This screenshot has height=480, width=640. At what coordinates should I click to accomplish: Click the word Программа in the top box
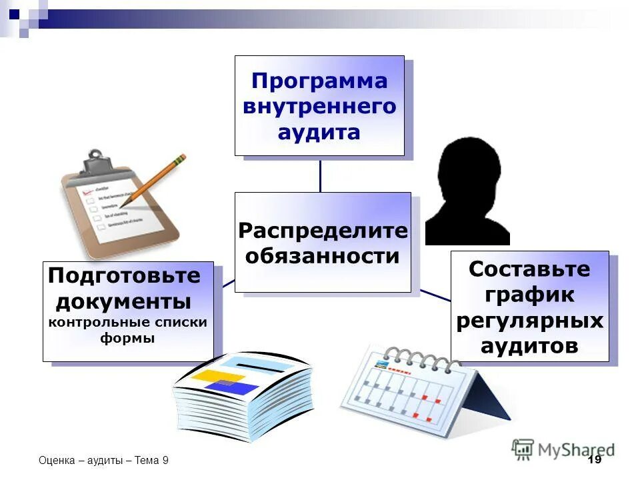[x=319, y=81]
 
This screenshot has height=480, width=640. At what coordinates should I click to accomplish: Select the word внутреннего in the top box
[x=319, y=107]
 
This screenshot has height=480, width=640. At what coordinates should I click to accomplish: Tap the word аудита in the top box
[x=319, y=132]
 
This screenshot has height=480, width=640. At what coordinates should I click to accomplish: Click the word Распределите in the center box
[x=323, y=231]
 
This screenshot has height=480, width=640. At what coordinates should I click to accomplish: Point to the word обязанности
[x=323, y=256]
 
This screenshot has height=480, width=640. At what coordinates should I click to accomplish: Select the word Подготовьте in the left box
[x=125, y=275]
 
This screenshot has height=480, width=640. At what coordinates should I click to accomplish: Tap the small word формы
[x=127, y=338]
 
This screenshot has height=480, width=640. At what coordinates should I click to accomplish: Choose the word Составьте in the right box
[x=529, y=269]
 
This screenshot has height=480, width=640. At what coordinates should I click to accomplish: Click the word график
[x=530, y=295]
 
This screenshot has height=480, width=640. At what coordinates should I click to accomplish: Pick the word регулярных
[x=530, y=321]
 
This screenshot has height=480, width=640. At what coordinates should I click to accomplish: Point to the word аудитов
[x=530, y=346]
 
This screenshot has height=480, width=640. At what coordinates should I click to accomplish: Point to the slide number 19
[x=595, y=460]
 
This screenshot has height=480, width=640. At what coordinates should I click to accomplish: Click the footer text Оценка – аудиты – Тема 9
[x=103, y=461]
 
